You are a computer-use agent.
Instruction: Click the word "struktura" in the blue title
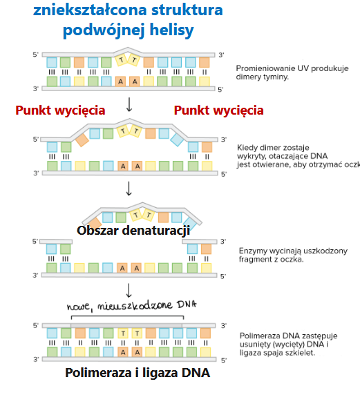(187, 10)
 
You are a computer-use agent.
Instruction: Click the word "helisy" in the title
(171, 30)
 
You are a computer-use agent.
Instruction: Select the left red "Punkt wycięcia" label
(60, 110)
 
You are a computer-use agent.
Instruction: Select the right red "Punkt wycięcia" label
(218, 110)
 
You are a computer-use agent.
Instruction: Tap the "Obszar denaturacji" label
(133, 231)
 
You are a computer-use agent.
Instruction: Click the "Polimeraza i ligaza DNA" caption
(138, 373)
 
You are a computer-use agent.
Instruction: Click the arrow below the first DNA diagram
(129, 104)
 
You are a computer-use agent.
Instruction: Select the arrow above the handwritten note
(129, 291)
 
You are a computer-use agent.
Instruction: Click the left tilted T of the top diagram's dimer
(122, 60)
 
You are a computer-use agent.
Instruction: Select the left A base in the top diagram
(120, 81)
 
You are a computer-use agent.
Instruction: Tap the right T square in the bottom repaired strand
(137, 334)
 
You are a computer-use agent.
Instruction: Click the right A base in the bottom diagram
(137, 352)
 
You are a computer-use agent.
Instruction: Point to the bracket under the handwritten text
(128, 316)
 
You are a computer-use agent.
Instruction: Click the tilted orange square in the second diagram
(82, 140)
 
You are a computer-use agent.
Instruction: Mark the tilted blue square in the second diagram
(177, 139)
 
